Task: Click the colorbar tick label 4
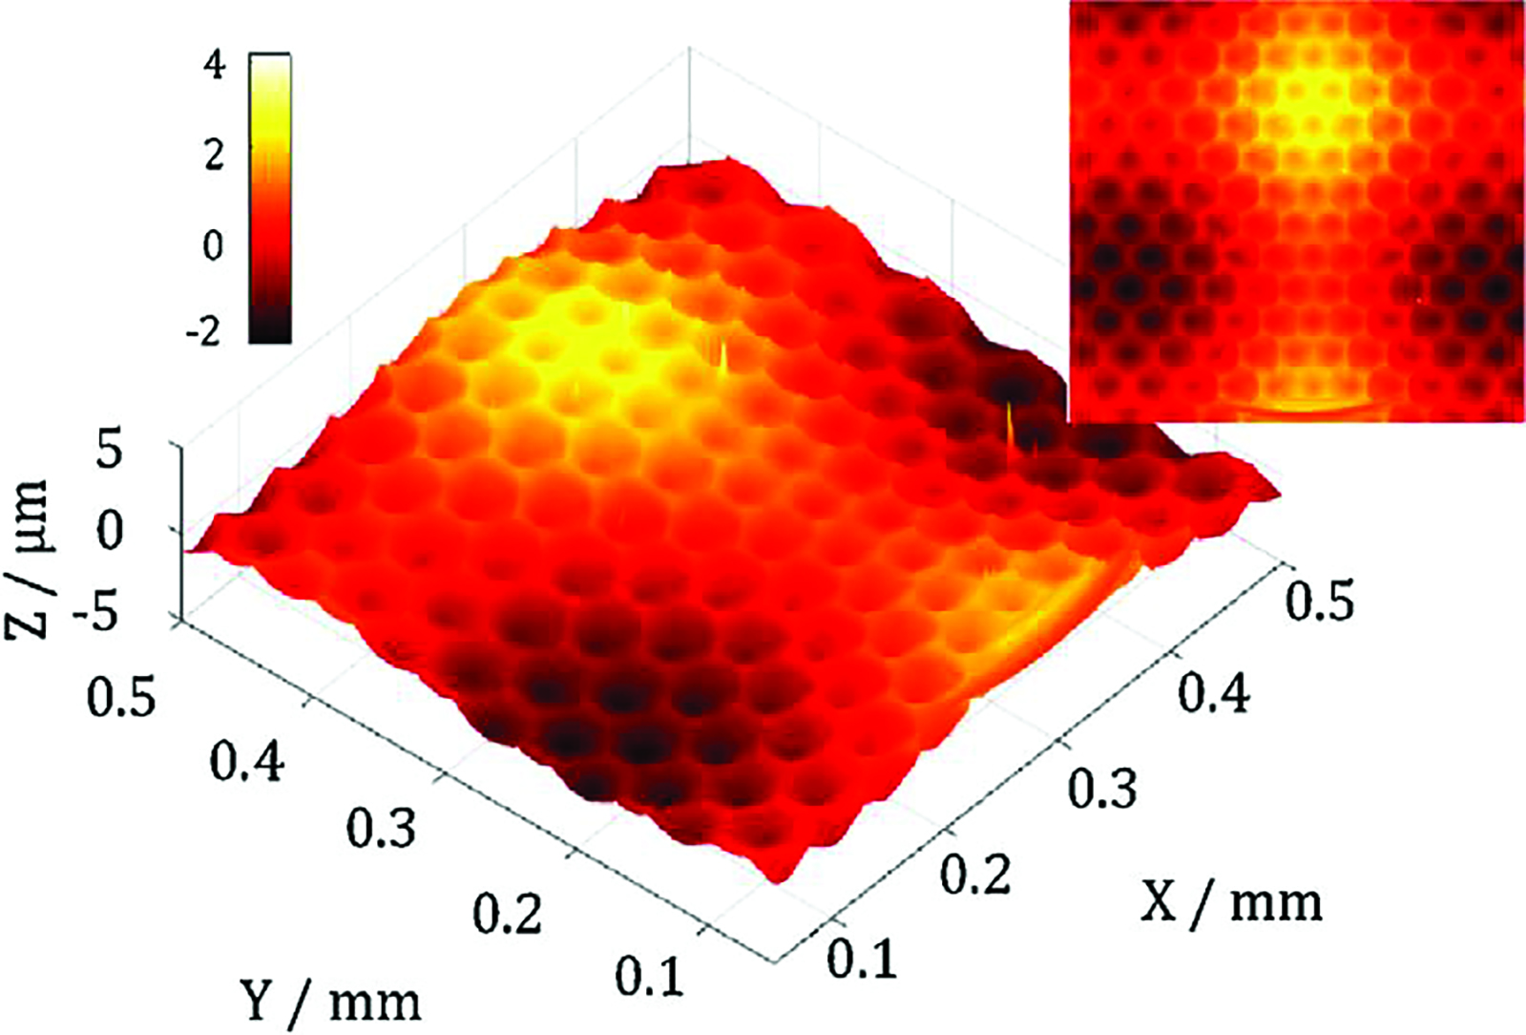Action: [x=216, y=67]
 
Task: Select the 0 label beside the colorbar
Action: [x=213, y=245]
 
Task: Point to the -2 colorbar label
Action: [x=206, y=333]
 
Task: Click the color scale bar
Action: [x=270, y=199]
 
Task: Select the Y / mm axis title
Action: [x=329, y=1001]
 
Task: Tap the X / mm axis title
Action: [x=1231, y=900]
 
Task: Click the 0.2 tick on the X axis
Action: [x=975, y=874]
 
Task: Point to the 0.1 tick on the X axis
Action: [x=862, y=958]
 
